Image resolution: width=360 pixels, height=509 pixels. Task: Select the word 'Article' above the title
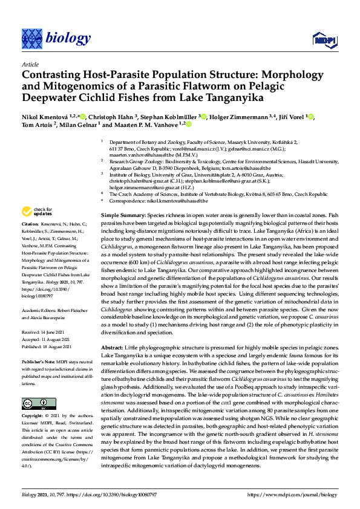(x=30, y=63)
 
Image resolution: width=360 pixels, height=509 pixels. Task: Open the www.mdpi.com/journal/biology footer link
(x=296, y=494)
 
